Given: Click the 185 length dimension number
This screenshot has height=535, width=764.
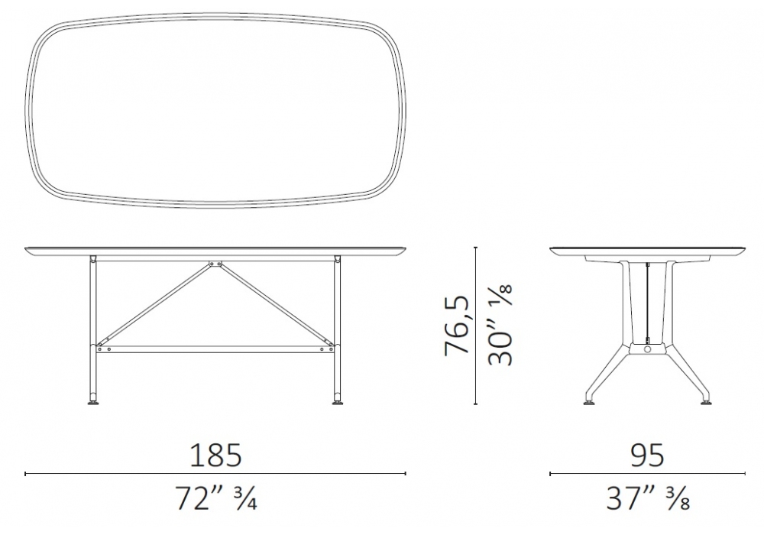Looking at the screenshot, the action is [215, 456].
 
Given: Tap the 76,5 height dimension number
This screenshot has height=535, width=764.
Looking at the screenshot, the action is [457, 326].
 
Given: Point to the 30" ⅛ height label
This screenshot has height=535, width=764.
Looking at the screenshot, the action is [500, 326].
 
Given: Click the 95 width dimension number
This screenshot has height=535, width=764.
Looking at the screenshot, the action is [648, 456].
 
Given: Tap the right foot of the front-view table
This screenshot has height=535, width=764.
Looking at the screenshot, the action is [336, 403].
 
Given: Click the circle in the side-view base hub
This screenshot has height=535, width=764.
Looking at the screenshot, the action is [647, 350].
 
